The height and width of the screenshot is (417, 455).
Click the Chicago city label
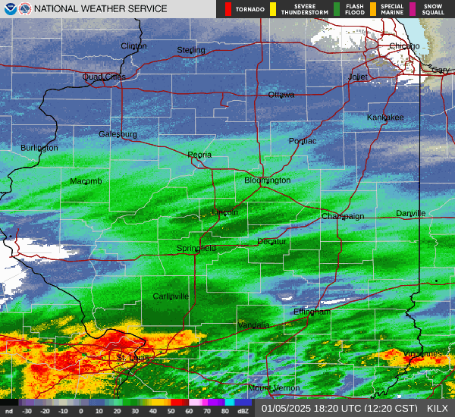coord(403,46)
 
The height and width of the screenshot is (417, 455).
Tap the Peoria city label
coord(199,155)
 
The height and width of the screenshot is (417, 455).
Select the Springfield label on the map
coord(196,248)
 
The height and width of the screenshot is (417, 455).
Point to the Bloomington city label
coord(267,180)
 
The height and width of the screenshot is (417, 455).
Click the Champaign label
coord(343,216)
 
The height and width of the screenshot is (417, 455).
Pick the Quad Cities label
coord(104,77)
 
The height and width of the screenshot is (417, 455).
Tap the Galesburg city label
coord(118,134)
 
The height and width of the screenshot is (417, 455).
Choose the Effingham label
coord(312,312)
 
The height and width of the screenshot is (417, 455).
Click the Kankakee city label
coord(385,118)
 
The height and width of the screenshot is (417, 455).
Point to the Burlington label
coord(39,148)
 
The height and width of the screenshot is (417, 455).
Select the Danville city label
coord(410,214)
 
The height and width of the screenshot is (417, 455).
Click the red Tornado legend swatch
coord(228,9)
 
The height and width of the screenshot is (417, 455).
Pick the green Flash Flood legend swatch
coord(337,9)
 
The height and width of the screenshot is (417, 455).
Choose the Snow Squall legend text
coord(432,9)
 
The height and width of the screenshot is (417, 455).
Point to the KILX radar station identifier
coord(437,409)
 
